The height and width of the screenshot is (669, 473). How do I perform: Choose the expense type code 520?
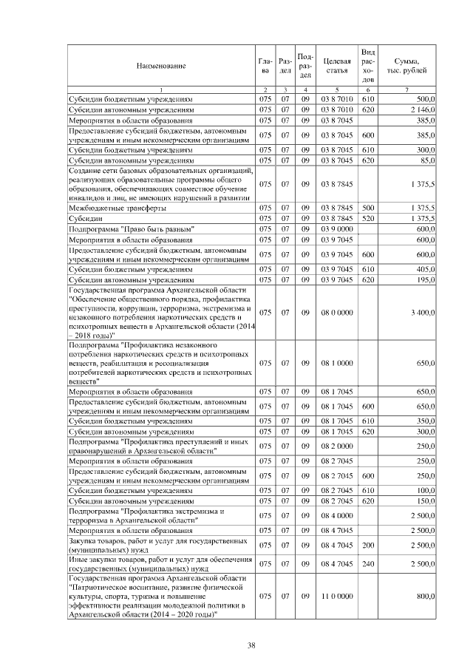(369, 219)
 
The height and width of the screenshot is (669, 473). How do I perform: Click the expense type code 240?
(369, 563)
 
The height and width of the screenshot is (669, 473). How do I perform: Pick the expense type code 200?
(369, 546)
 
